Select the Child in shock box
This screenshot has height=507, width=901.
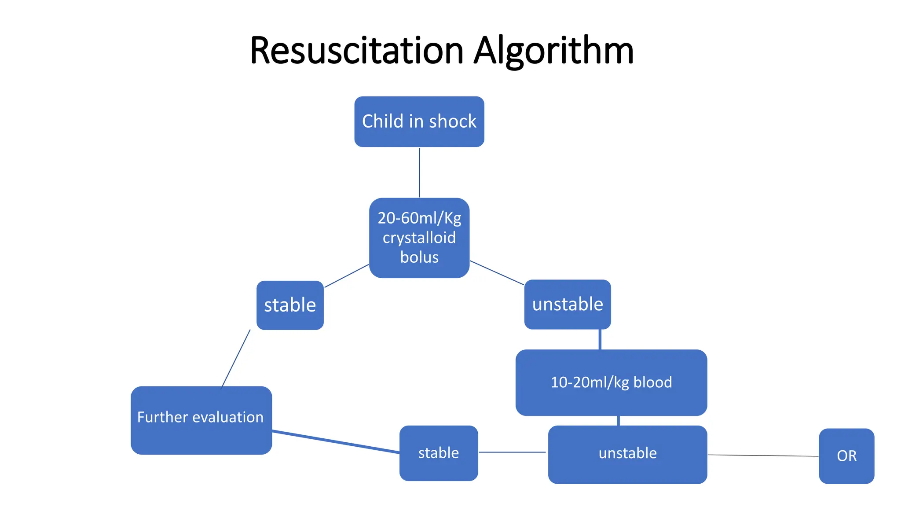[x=419, y=121]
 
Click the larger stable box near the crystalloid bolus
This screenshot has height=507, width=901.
[x=290, y=305]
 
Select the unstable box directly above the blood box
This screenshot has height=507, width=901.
[x=568, y=304]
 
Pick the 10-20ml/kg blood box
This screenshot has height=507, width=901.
[x=611, y=382]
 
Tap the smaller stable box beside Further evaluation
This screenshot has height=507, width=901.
[x=439, y=453]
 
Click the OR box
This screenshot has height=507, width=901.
[x=846, y=456]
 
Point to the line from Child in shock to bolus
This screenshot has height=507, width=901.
[x=419, y=172]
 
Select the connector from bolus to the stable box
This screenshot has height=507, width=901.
[x=346, y=276]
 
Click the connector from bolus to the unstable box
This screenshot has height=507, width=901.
[x=497, y=273]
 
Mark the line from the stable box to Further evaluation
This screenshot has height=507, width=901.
[x=235, y=359]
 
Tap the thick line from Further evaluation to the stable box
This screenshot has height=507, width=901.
[x=336, y=442]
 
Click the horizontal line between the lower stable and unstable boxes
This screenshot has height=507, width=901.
[x=512, y=452]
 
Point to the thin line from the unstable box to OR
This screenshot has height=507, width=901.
[x=763, y=456]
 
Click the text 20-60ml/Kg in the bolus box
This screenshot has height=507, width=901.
[x=419, y=218]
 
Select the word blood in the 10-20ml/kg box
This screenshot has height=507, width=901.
[x=652, y=382]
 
